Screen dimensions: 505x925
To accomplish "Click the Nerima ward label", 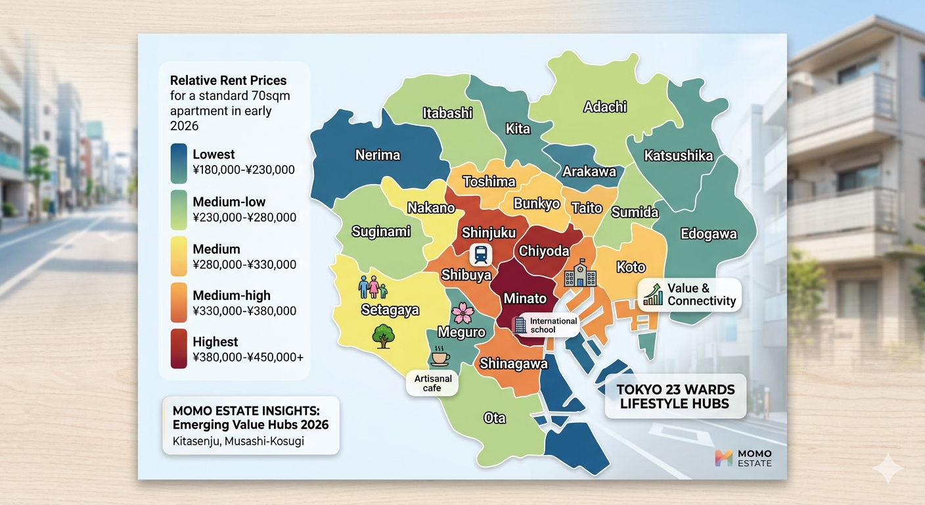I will [377, 155].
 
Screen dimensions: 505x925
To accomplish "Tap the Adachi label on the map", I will [605, 107].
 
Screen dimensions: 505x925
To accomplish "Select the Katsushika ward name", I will [678, 156].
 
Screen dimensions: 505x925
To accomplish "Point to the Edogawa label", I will [708, 234].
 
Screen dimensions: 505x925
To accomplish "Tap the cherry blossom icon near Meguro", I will [463, 312].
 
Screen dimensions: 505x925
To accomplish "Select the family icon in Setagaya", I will [373, 287].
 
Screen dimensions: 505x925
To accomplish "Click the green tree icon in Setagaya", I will [382, 336].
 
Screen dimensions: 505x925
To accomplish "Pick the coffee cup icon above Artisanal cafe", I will [439, 358].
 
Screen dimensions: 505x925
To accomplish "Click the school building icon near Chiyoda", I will [580, 275].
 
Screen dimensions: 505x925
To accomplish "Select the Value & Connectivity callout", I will [689, 295].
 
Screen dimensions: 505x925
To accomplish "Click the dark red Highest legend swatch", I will [179, 349].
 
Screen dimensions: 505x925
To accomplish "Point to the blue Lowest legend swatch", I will [179, 162].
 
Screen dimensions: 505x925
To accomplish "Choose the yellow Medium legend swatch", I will [179, 256].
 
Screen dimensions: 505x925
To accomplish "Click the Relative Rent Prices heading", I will [228, 81].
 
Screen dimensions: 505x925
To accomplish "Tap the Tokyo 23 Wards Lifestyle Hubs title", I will [675, 397].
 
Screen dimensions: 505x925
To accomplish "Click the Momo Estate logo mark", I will [723, 458].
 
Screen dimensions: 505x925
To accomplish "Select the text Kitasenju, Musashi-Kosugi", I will [238, 441].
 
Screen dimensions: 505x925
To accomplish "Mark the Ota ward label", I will [494, 418].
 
